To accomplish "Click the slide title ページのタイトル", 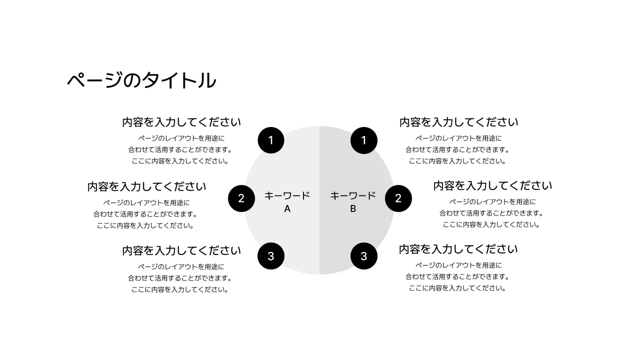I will coord(141,80).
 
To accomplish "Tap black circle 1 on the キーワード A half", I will coord(271,140).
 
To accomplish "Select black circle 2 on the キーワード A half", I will coord(241,198).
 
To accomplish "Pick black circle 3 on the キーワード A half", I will coord(271,256).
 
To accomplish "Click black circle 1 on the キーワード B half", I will coord(363,140).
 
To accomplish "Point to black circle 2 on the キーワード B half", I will coord(398,198).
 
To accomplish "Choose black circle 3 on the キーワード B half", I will coord(363,256).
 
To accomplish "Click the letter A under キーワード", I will coord(287,209).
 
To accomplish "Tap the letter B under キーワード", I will coord(352,209).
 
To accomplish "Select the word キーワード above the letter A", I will coord(287,195).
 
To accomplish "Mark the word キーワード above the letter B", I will coord(352,195).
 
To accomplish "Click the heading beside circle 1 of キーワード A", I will coord(181,122).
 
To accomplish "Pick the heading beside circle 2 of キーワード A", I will coord(146,186).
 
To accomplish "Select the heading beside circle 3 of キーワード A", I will coord(181,250).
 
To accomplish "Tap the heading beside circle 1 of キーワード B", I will coord(458,122).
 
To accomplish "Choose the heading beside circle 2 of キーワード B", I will coord(492,185).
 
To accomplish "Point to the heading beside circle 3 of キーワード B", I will coord(458,249).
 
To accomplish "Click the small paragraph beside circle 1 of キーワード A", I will coord(180,149).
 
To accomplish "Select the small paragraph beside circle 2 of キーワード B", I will coord(491,213).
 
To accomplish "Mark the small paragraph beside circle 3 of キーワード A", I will coord(180,278).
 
